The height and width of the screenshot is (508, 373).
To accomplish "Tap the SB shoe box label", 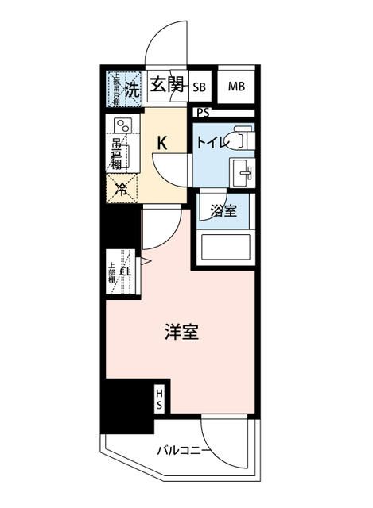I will [199, 87].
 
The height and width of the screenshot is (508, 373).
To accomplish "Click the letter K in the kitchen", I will [161, 144].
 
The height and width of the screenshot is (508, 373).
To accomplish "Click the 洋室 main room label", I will [182, 333].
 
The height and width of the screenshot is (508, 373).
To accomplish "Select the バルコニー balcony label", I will [184, 452].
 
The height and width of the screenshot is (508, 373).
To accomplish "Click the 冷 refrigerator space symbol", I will [121, 190].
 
